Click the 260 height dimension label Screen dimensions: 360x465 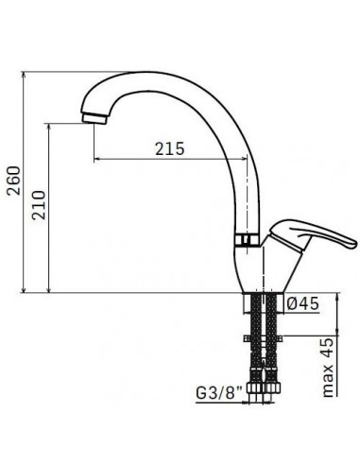[14, 181]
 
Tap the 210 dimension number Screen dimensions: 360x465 [40, 205]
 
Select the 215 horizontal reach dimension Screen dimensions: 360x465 [169, 148]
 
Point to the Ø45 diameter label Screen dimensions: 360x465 [303, 303]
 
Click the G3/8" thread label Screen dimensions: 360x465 [219, 393]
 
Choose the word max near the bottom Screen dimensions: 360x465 [328, 381]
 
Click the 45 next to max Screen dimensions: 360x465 [328, 349]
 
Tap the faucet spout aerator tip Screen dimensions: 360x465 [94, 118]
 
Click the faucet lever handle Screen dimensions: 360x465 [312, 234]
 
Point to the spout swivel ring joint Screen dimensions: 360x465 [248, 240]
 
